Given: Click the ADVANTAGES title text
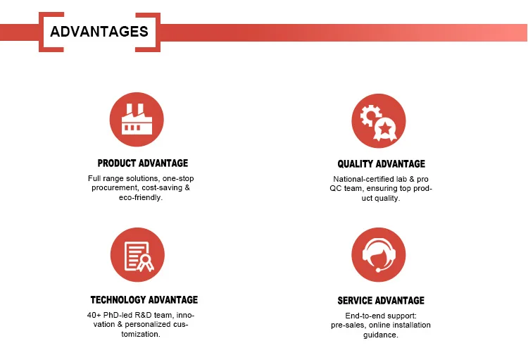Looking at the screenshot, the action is tap(99, 32).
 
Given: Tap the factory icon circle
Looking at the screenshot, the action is tap(137, 119).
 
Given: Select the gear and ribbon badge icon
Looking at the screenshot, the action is tap(379, 120).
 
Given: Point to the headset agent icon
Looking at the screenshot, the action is tap(379, 254).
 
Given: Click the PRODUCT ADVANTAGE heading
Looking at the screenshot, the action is tap(143, 163).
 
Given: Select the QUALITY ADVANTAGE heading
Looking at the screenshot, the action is tap(381, 164).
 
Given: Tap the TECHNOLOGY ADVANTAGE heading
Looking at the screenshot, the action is tap(144, 299).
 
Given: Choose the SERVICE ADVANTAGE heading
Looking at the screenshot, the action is tap(381, 300).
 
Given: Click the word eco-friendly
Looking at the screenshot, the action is tap(139, 197).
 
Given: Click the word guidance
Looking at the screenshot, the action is tap(379, 335).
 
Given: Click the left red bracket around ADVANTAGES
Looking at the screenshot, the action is tap(51, 32).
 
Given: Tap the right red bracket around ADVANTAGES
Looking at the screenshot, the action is tap(148, 32).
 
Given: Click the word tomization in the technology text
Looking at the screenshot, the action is tap(139, 335).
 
